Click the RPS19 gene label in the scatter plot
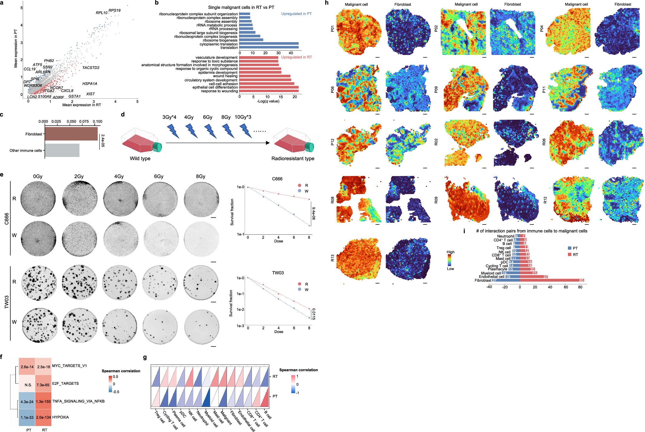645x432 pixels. click(114, 10)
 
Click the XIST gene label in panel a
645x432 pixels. click(90, 94)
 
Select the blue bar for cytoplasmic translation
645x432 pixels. click(269, 44)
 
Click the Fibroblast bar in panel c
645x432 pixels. click(71, 134)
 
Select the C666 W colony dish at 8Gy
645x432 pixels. click(202, 238)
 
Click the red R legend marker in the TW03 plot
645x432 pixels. click(299, 284)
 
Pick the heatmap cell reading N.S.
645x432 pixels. click(28, 385)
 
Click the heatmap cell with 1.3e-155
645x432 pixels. click(43, 402)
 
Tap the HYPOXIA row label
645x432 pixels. click(60, 417)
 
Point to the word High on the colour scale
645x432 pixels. click(450, 252)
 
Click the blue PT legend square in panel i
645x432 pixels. click(569, 248)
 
